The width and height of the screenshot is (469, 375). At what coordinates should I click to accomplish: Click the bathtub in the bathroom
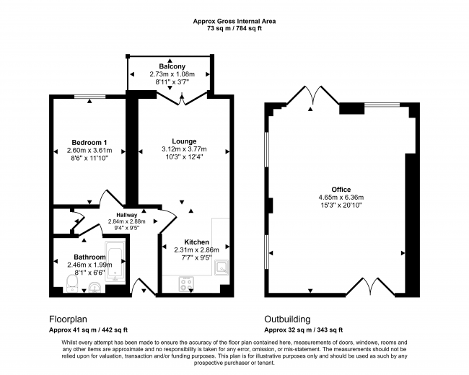115,265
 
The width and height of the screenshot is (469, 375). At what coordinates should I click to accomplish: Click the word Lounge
183,141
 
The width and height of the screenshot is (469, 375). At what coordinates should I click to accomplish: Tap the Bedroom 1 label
89,142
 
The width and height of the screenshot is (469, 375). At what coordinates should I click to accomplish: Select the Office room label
341,188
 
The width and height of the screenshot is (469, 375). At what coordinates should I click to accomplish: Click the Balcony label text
170,66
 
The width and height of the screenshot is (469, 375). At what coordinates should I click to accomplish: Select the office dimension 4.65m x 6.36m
341,197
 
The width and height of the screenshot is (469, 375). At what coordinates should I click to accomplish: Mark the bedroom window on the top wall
89,97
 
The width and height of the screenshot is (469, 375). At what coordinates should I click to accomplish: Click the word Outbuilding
288,319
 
